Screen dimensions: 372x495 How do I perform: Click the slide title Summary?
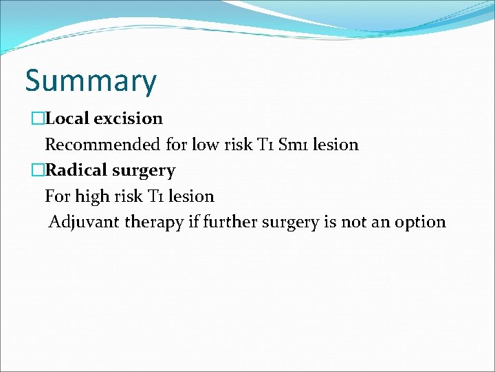(x=91, y=81)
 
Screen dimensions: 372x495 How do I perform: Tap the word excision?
(x=128, y=118)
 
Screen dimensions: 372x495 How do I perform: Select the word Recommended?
(x=103, y=145)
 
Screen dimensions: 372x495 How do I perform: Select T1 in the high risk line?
(x=156, y=196)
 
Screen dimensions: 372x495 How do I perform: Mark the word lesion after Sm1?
(x=336, y=145)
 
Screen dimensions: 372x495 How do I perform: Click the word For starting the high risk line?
(x=58, y=196)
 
